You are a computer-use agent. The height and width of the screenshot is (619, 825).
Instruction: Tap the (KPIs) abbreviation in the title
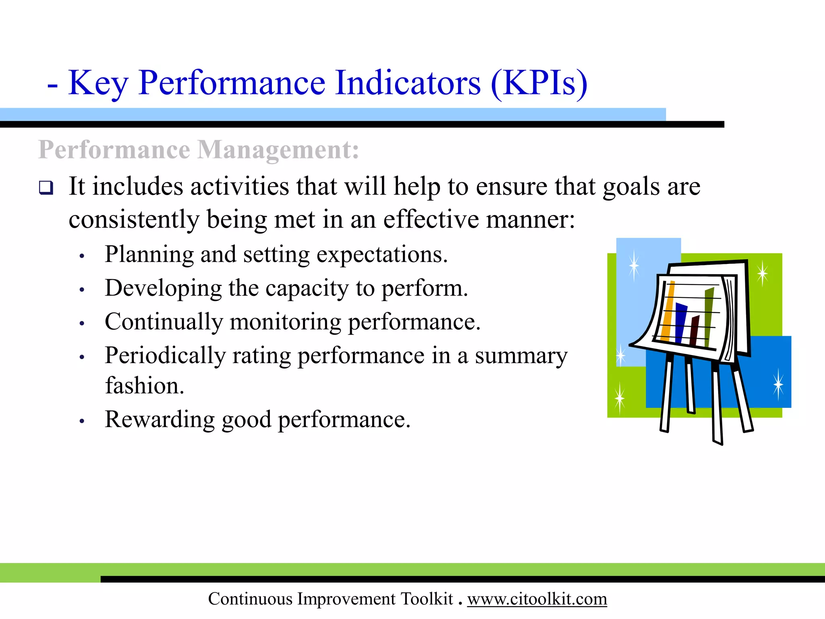pos(539,83)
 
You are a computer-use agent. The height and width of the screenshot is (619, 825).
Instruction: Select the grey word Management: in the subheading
pos(278,150)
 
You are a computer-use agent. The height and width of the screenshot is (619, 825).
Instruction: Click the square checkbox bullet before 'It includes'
pos(46,188)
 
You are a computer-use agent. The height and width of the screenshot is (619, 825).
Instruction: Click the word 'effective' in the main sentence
pos(431,220)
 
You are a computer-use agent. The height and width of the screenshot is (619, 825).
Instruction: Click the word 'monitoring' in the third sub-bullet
pos(285,322)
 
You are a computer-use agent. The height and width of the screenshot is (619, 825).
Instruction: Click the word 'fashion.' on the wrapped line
pos(144,386)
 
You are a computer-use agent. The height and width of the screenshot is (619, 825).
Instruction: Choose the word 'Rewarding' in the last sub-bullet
pos(160,420)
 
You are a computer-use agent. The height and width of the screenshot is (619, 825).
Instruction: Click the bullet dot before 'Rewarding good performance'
pos(82,421)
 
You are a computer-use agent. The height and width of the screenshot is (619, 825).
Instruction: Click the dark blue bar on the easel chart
pos(681,322)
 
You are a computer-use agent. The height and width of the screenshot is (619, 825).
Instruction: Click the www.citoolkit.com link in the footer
pos(537,599)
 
